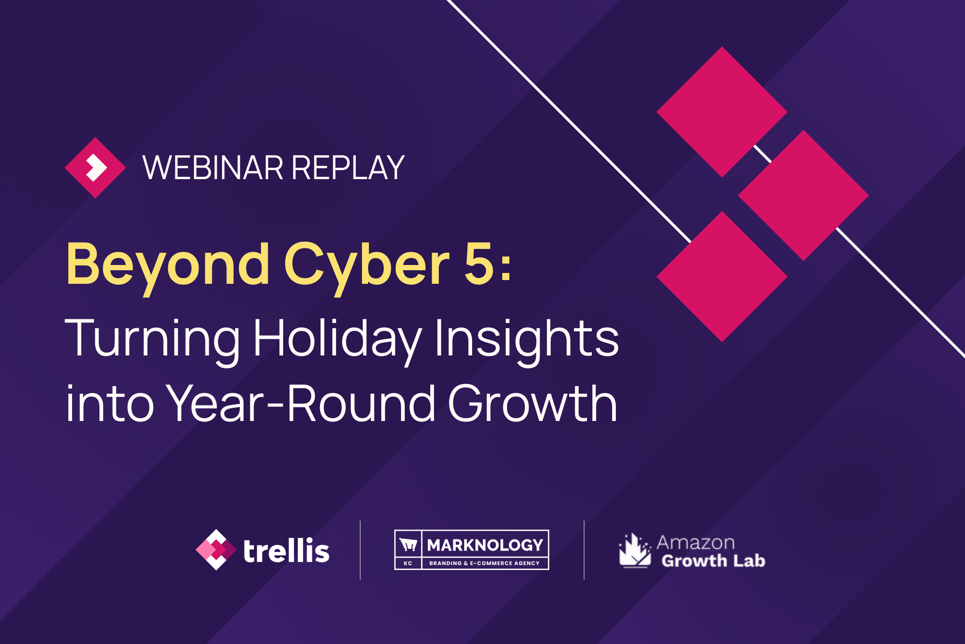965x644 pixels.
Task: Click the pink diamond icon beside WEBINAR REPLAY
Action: coord(95,167)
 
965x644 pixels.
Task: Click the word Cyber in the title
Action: coord(367,267)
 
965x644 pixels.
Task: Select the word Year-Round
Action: coord(302,403)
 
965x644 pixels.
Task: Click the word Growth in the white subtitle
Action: coord(532,403)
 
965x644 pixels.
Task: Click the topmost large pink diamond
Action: coord(722,112)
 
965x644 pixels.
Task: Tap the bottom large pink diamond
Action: coord(722,276)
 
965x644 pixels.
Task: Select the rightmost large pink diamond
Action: coord(803,195)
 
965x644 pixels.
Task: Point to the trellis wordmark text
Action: coord(286,551)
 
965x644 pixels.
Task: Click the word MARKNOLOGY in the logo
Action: coord(485,545)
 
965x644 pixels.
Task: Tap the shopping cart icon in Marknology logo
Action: coord(408,545)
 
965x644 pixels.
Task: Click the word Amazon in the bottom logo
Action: coord(696,543)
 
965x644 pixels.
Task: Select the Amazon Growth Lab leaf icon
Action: coord(635,550)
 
